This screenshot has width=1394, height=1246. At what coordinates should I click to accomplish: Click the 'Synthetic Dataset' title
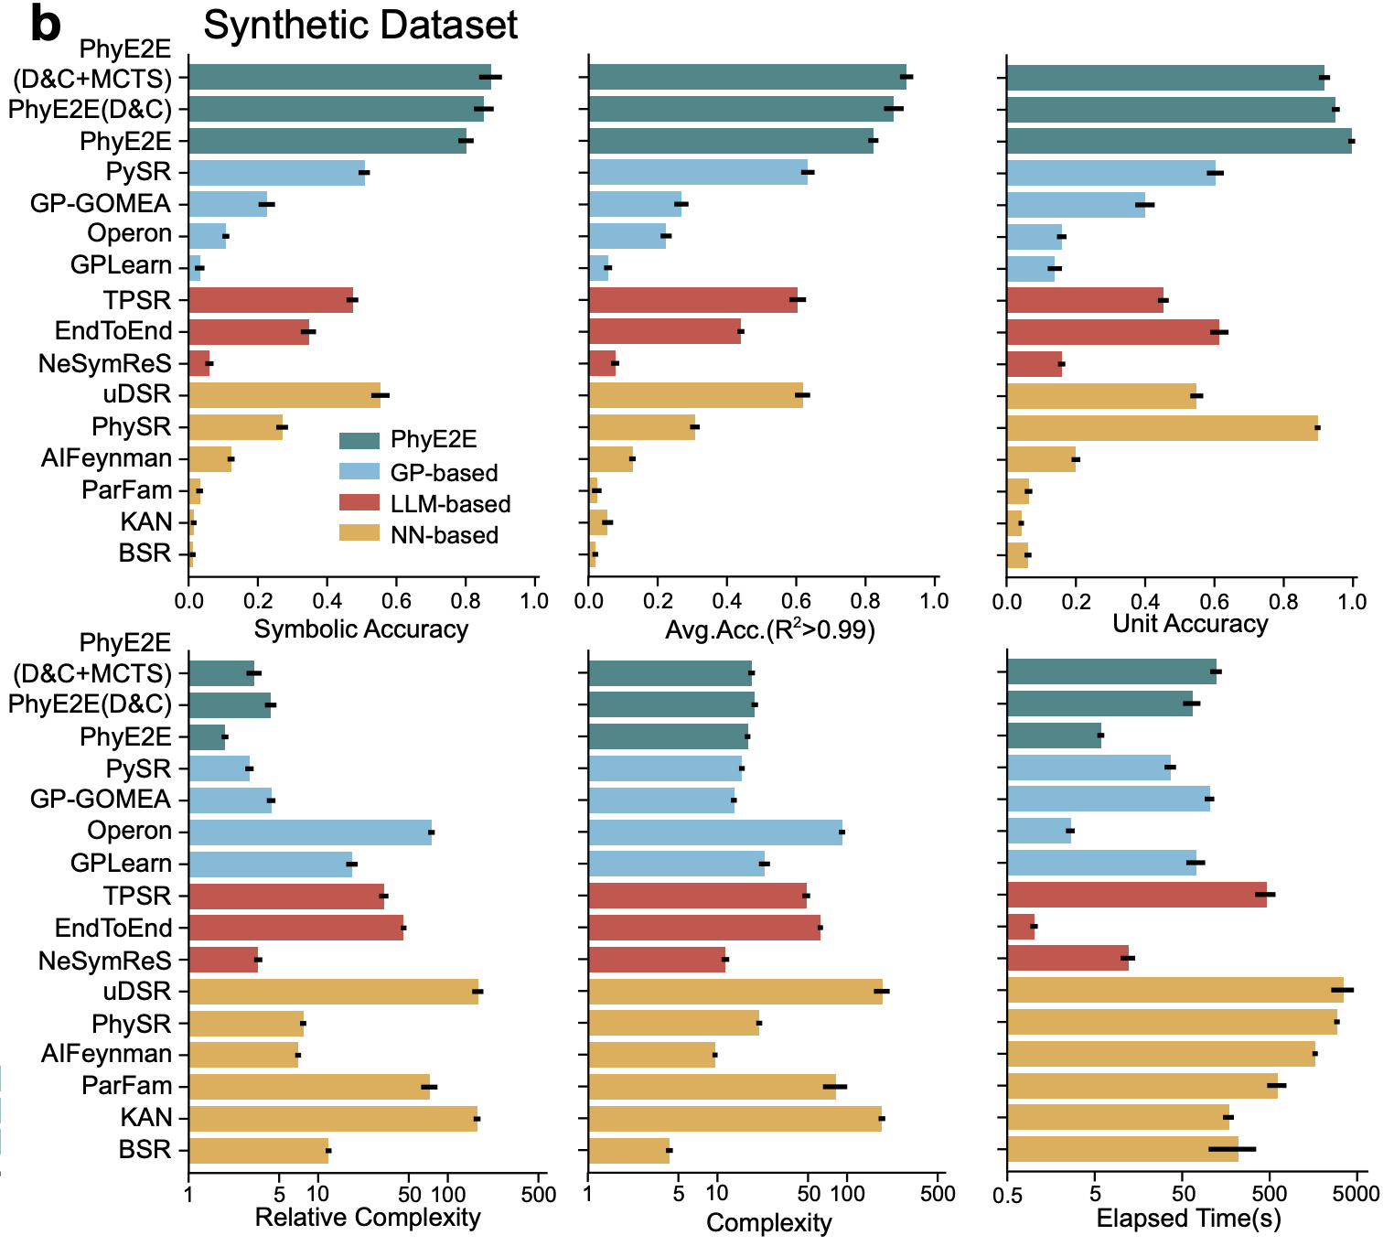pyautogui.click(x=360, y=25)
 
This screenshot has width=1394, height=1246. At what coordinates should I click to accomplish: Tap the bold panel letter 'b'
pyautogui.click(x=45, y=25)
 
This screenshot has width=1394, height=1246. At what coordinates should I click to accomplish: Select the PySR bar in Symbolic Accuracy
pyautogui.click(x=276, y=173)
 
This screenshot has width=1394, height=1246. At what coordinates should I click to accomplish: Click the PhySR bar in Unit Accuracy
pyautogui.click(x=1162, y=427)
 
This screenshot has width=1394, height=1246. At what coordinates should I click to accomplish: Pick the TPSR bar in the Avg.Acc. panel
pyautogui.click(x=692, y=300)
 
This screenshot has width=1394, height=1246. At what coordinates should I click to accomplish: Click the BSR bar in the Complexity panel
pyautogui.click(x=628, y=1150)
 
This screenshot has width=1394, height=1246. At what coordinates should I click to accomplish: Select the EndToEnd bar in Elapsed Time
pyautogui.click(x=1020, y=927)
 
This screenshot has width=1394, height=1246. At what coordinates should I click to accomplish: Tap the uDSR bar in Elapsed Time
pyautogui.click(x=1174, y=990)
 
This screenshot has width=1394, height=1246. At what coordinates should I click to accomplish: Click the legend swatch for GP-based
pyautogui.click(x=359, y=472)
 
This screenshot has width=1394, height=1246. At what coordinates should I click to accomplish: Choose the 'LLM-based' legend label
pyautogui.click(x=450, y=504)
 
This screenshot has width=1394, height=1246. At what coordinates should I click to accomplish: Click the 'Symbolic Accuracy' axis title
pyautogui.click(x=360, y=629)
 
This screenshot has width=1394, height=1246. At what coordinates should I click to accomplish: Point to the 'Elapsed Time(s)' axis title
pyautogui.click(x=1188, y=1219)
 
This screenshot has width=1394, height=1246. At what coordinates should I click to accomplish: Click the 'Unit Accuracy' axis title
pyautogui.click(x=1189, y=624)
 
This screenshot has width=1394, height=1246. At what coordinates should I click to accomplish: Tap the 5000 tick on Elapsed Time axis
pyautogui.click(x=1356, y=1194)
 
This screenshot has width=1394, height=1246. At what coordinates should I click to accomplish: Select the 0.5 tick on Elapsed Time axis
pyautogui.click(x=1006, y=1194)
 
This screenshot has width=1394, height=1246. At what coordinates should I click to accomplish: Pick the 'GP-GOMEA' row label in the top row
pyautogui.click(x=101, y=203)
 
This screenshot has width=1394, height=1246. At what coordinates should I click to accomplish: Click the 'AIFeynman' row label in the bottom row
pyautogui.click(x=106, y=1054)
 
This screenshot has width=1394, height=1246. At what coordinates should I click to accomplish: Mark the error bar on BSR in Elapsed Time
pyautogui.click(x=1231, y=1149)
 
